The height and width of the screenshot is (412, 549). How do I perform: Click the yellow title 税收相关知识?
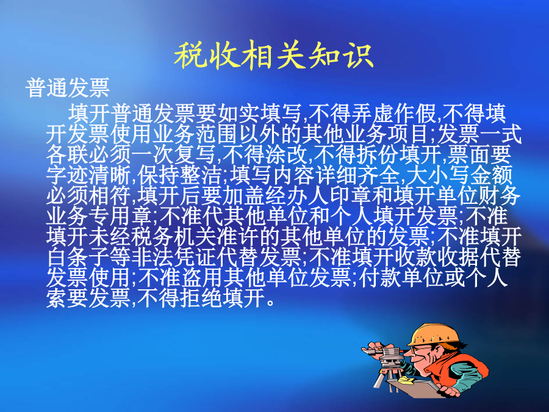[x=274, y=55]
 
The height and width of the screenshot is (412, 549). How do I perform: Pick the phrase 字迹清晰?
[x=88, y=175]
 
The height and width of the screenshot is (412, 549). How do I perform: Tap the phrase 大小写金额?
[x=459, y=175]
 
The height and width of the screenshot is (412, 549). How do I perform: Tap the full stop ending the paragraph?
[x=270, y=303]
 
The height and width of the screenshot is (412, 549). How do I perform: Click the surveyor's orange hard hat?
[x=434, y=335]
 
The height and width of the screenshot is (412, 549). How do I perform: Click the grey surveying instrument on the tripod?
[x=388, y=358]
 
